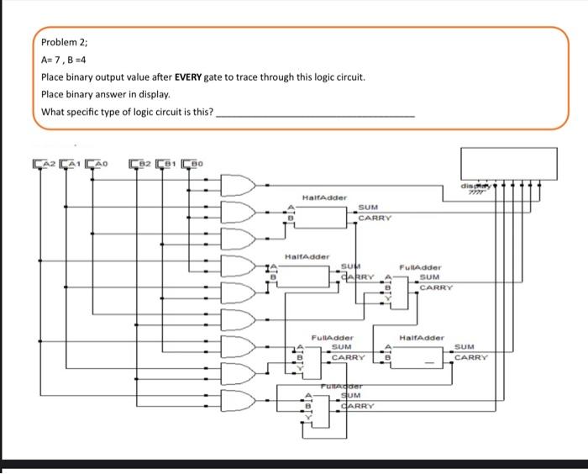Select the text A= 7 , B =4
pos(73,60)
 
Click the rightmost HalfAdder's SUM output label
pos(466,346)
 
